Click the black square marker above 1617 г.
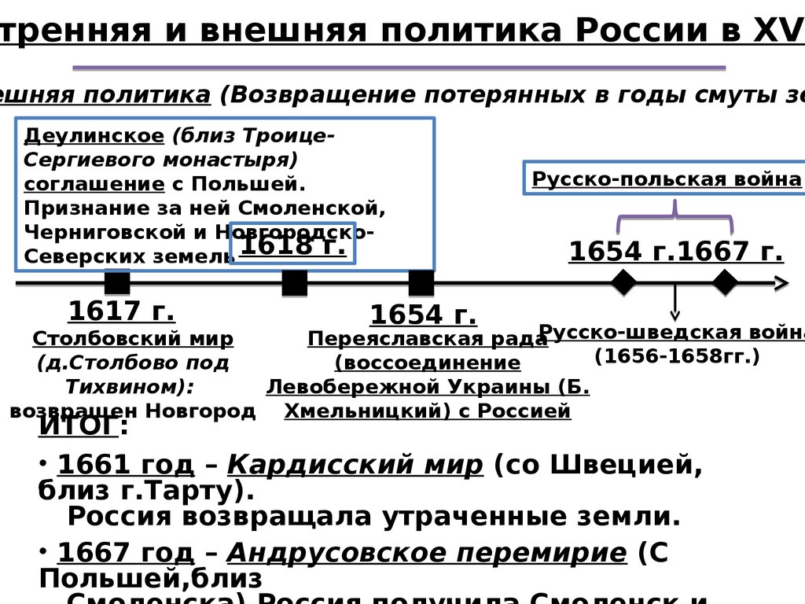coord(117,282)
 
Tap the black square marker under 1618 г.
coord(294,282)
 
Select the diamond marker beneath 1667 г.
coord(724,282)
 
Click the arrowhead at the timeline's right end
coord(781,283)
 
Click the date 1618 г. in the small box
coord(292,245)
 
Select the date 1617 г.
coord(121,311)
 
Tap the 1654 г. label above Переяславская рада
coord(423,315)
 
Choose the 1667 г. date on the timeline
coord(730,252)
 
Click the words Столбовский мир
coord(133,339)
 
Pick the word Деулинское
coord(94,134)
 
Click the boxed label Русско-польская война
coord(667,179)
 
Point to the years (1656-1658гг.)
coord(677,355)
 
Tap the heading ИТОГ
coord(79,426)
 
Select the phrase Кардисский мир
coord(355,466)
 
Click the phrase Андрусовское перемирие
coord(427,553)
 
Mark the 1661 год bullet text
coord(126,466)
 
